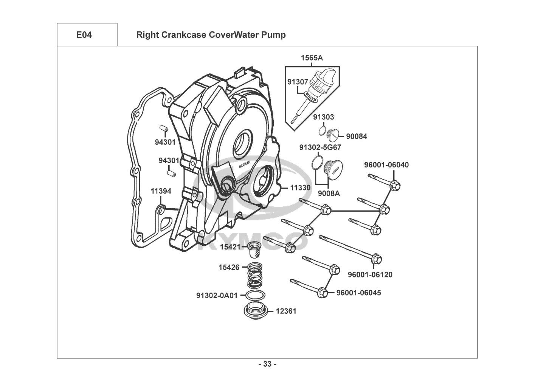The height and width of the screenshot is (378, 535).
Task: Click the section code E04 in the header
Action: point(84,35)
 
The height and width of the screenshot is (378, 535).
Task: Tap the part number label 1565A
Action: point(312,58)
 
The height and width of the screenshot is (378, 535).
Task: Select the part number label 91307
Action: point(298,82)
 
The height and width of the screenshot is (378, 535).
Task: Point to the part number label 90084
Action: point(356,136)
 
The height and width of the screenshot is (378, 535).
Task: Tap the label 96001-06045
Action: point(358,293)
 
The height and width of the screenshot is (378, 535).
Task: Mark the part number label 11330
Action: point(300,188)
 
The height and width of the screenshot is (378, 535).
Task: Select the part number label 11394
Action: point(161,191)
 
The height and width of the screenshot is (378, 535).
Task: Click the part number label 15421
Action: point(230,247)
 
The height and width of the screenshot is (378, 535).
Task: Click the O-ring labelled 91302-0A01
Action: point(255,295)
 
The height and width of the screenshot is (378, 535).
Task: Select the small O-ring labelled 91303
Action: point(321,131)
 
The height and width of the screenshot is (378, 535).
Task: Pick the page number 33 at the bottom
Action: point(267,364)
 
